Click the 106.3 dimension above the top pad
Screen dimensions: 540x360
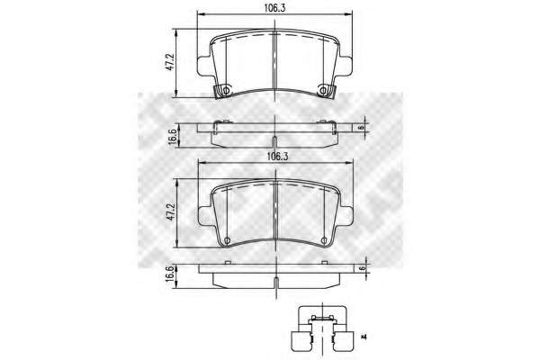(274, 8)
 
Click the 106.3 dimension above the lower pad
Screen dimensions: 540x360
(277, 157)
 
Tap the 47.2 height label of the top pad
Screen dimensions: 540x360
(169, 62)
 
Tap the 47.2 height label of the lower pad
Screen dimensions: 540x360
(172, 212)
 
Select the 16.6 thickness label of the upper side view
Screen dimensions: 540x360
(173, 137)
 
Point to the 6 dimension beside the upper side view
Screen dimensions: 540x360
(361, 127)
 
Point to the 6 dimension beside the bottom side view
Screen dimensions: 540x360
(362, 268)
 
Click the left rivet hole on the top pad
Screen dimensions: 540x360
(226, 91)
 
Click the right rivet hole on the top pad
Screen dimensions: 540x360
(323, 91)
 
